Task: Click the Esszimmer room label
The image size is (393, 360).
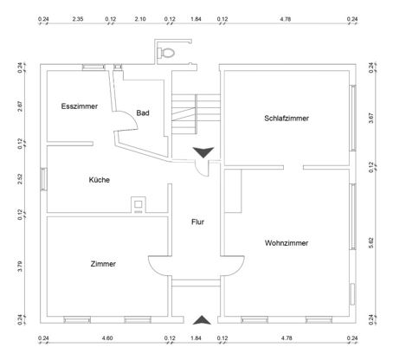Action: coord(80,106)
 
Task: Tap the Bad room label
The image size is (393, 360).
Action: coord(143,112)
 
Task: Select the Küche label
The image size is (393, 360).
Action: coord(100,180)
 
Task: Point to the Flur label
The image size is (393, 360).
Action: coord(197,222)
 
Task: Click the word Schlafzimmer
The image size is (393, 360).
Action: coord(287,118)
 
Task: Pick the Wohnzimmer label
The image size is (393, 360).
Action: coord(287,243)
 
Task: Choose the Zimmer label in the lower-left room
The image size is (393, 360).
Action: coord(103,264)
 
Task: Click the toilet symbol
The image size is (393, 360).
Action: coord(166,53)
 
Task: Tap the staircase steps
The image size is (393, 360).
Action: coord(196,114)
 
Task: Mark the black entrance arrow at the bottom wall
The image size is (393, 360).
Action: coord(202,320)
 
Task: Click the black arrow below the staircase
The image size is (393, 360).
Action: coord(203,152)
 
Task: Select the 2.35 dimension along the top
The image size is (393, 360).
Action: coord(78,19)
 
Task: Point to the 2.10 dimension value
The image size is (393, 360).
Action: coord(140,19)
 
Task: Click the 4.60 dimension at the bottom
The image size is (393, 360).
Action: coord(107,338)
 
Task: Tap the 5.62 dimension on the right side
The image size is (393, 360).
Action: coord(371,243)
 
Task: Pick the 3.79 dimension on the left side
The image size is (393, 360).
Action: coord(20,267)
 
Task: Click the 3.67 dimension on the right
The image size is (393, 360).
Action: coord(371,118)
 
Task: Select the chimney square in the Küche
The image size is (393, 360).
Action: coord(139,204)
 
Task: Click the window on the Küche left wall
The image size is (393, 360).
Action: coord(43,179)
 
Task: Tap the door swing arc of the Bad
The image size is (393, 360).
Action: coord(132,119)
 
